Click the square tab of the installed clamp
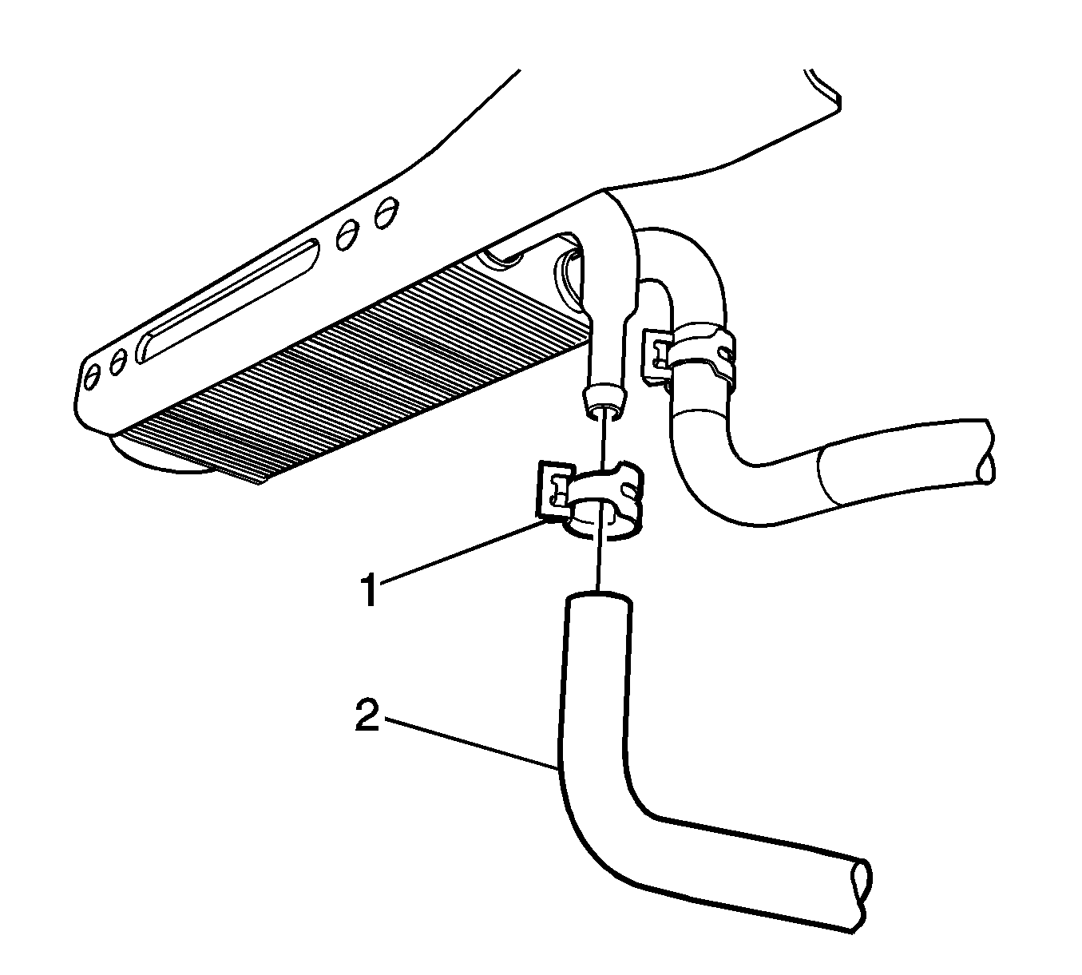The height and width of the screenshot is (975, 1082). (x=656, y=355)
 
